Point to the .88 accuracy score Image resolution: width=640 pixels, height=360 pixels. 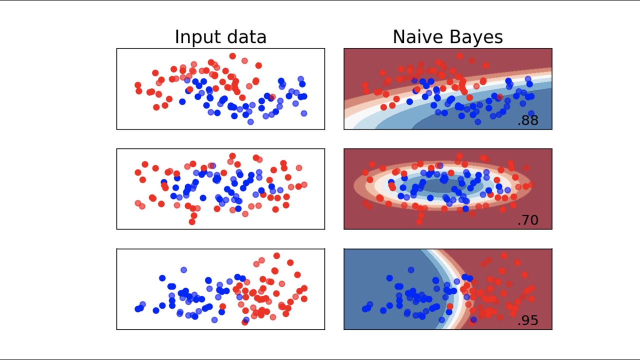pos(528,120)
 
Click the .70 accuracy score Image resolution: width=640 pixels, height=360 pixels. pos(528,220)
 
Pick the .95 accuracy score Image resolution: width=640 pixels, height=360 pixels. pos(528,320)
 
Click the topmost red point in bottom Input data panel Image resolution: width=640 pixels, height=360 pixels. pos(276,255)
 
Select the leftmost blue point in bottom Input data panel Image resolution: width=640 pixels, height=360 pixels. pos(138,309)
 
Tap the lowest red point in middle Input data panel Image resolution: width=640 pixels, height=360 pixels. pos(192,221)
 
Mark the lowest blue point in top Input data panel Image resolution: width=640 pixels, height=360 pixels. pos(250,121)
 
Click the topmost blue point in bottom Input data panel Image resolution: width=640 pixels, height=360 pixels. pos(183,269)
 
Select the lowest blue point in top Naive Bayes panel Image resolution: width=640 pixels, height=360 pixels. pos(478,121)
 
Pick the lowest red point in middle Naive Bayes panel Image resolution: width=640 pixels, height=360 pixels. pos(420,221)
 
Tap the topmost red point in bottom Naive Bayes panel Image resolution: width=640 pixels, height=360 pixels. pos(504,255)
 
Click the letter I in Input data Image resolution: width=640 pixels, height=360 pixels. pos(176,37)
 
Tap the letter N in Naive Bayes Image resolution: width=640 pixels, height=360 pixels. pos(398,37)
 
